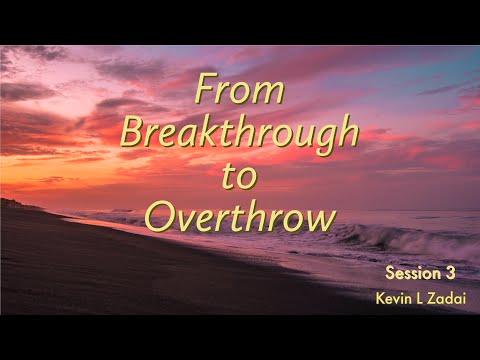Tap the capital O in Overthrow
(159, 213)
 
